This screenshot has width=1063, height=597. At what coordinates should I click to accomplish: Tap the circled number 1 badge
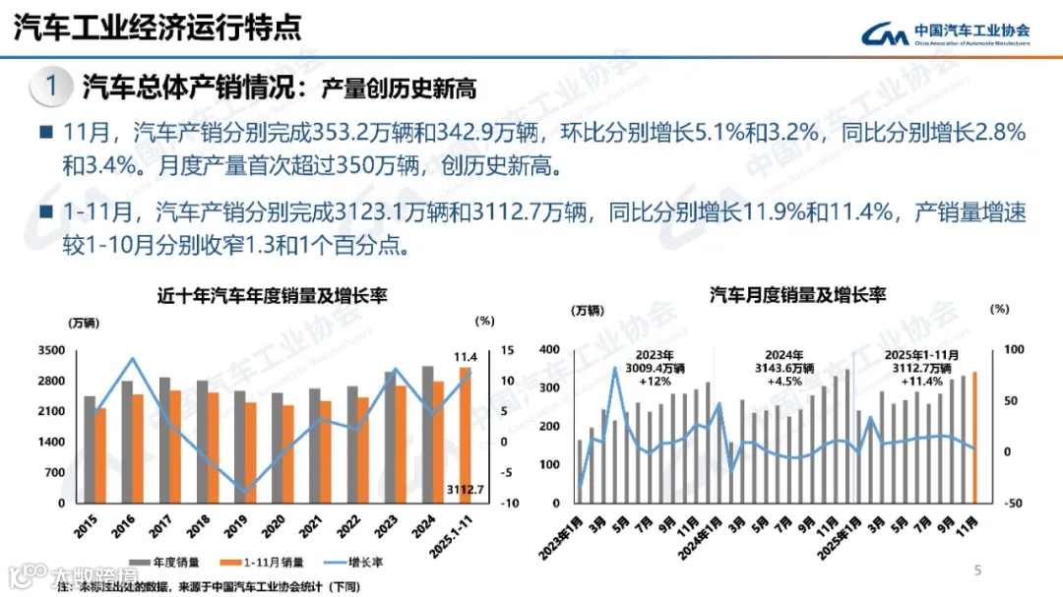tap(51, 87)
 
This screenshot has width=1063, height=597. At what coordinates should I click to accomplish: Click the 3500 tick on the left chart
tap(51, 351)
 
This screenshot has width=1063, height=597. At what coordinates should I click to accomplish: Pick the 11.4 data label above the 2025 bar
tap(466, 355)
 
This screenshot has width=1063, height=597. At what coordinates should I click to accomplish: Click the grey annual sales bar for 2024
tap(426, 434)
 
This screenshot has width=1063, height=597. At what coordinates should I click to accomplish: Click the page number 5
tap(977, 569)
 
